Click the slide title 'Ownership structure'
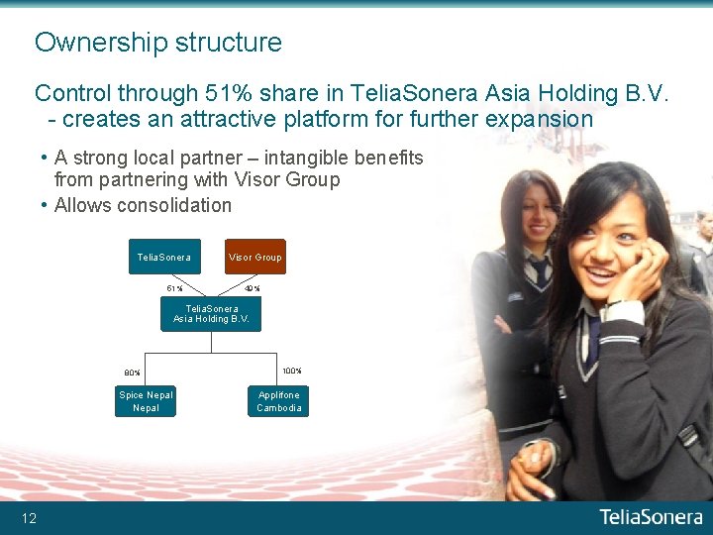coord(158,43)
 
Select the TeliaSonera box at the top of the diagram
coord(164,257)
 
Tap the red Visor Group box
coord(255,257)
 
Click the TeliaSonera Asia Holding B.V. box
coord(211,314)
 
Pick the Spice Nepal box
coord(146,401)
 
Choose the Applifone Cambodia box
coord(278,401)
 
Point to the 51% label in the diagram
coord(174,289)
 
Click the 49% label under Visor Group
coord(253,289)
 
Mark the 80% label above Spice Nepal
coord(132,373)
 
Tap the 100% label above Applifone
coord(291,372)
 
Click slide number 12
coord(30,518)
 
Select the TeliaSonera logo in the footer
coord(651,517)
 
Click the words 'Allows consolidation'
coord(143,205)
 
